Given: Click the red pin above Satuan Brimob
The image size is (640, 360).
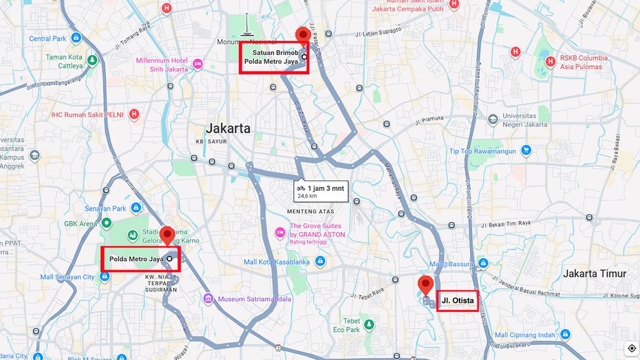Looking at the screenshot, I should (x=304, y=35).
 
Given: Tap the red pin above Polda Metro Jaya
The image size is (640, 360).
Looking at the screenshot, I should (x=167, y=236).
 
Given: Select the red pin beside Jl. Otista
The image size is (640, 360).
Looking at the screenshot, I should (x=426, y=284).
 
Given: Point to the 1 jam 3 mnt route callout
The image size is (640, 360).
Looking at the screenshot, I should (x=321, y=191).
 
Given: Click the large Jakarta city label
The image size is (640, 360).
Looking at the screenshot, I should (x=228, y=129).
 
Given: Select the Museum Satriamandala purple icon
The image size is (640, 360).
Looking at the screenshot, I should (x=208, y=299).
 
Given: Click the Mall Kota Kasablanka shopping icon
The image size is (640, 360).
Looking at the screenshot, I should (x=320, y=261).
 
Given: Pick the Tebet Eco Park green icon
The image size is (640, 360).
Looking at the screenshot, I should (x=369, y=324).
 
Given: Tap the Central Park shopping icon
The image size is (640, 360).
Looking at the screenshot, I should (x=76, y=39).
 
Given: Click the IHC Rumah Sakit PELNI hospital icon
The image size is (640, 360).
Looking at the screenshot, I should (x=134, y=114).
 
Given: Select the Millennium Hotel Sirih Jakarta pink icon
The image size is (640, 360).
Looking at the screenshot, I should (x=197, y=64).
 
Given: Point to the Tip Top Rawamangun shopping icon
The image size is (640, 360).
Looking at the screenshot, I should (x=526, y=150).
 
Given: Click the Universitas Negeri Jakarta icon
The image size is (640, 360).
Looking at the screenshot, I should (x=493, y=119).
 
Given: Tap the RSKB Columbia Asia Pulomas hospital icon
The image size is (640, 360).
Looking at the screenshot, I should (x=551, y=61).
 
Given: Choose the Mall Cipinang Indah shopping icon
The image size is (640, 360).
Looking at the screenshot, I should (x=565, y=335).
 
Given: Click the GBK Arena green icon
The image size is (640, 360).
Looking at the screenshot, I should (x=107, y=222).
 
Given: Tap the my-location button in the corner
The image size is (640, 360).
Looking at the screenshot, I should (x=632, y=348).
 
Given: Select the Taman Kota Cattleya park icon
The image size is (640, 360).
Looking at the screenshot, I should (x=92, y=61).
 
